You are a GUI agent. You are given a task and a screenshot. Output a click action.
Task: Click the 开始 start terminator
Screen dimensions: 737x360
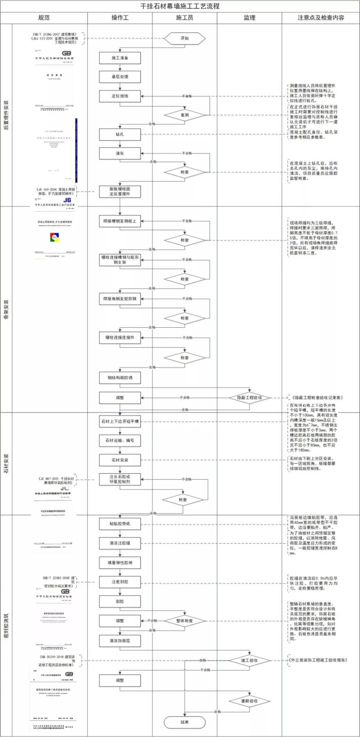[185, 38]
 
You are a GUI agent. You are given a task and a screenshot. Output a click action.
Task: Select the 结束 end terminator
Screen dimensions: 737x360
[185, 722]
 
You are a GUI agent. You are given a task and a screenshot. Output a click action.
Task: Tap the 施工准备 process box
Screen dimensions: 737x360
[120, 58]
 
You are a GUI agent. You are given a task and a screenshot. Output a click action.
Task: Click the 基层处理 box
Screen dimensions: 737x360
[120, 77]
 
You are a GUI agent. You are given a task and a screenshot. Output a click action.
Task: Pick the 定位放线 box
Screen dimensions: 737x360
[120, 96]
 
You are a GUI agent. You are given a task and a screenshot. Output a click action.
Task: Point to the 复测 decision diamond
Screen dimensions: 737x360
[185, 115]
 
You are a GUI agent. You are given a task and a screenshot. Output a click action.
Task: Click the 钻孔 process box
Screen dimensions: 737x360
[120, 135]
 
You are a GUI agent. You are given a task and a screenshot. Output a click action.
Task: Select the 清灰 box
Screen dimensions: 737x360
[120, 153]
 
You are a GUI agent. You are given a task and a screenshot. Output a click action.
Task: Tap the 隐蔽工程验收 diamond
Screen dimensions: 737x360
[250, 397]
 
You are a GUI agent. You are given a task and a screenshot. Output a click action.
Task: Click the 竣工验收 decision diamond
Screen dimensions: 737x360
[250, 660]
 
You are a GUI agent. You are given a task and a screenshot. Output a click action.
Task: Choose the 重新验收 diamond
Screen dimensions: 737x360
[250, 701]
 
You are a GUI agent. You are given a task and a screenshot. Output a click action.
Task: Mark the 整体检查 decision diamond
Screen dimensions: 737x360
[185, 620]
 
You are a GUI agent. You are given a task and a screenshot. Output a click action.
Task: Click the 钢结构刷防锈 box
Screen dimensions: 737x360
[120, 378]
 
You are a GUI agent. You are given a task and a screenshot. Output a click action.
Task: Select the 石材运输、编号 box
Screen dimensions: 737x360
[120, 440]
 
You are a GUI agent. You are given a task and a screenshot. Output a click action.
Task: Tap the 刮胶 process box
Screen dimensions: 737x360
[120, 601]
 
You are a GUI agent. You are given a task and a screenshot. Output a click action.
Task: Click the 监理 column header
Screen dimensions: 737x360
[250, 18]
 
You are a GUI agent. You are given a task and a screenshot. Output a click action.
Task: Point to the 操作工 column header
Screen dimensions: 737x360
[120, 18]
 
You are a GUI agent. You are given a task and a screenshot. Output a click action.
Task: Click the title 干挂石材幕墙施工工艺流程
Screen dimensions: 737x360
[180, 6]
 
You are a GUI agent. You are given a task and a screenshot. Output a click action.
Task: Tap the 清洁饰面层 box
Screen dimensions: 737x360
[120, 640]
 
